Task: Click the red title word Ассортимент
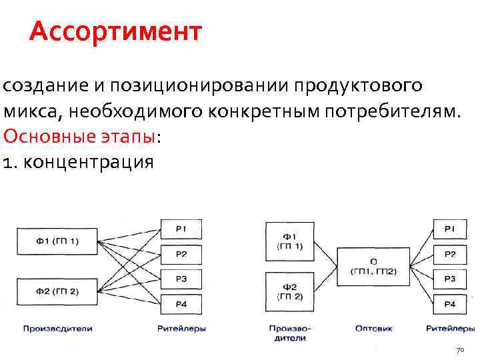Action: click(115, 31)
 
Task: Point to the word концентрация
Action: click(87, 162)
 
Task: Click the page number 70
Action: click(459, 350)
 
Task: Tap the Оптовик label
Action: click(374, 328)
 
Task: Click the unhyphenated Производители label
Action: click(57, 328)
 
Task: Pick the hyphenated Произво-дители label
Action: click(291, 333)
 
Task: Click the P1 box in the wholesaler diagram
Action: click(450, 229)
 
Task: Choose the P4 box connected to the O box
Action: click(450, 304)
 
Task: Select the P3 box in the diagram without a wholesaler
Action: click(181, 279)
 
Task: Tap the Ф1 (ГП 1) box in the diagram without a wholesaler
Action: click(57, 241)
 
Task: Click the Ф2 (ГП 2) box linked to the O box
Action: click(289, 291)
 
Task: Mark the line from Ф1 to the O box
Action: click(326, 252)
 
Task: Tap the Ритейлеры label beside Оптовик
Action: click(451, 328)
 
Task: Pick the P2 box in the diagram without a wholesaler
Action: click(181, 254)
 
